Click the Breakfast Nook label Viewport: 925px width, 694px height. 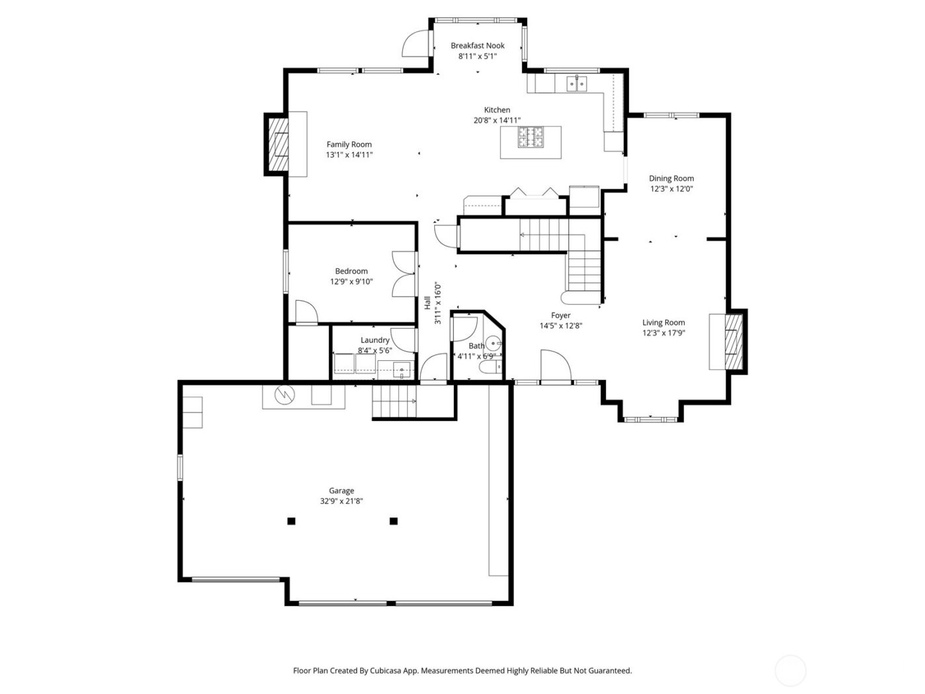477,46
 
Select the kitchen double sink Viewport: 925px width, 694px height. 576,83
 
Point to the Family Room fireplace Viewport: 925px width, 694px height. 277,144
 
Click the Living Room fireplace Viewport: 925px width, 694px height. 733,341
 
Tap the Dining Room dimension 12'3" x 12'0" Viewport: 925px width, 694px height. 671,189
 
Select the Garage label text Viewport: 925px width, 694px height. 342,490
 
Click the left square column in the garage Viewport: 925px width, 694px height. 291,521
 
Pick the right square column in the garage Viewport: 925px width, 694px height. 394,521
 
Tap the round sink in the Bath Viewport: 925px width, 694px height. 494,344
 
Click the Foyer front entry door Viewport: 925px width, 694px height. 555,366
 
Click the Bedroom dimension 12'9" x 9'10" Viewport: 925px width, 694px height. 351,282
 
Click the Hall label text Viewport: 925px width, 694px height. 427,303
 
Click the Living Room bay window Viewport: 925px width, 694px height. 650,418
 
